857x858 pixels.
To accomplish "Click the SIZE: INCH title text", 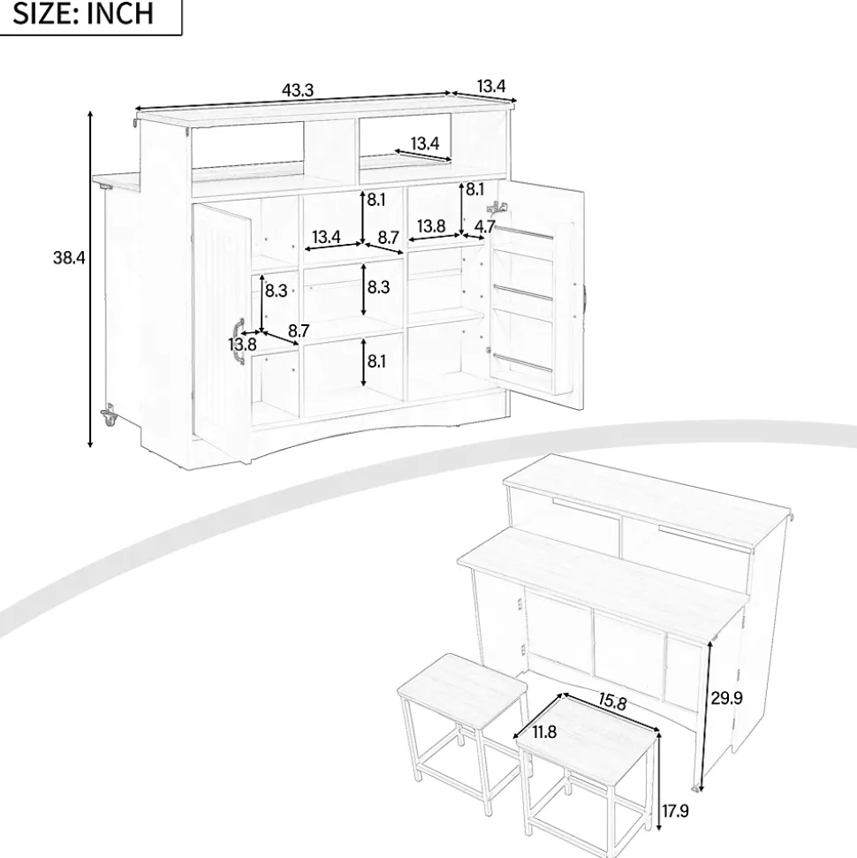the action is pos(83,13).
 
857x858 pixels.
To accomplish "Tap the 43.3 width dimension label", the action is pos(298,90).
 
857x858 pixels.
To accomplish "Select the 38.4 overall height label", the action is pos(69,257).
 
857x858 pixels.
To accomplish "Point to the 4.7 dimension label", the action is pos(485,226).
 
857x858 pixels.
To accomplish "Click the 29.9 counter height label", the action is pos(727,698).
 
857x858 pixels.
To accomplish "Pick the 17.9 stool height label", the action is pos(675,810).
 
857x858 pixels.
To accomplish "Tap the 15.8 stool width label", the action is pos(612,701).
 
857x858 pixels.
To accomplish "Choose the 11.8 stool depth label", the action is pos(544,732).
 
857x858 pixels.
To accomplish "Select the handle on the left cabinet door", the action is pos(238,340).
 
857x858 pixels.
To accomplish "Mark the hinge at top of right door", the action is pos(497,208).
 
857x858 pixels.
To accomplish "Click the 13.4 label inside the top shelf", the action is pos(425,143).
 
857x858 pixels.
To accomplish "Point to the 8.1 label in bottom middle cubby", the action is pos(376,361).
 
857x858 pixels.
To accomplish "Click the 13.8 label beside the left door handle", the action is pos(242,345).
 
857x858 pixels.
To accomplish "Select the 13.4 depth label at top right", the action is pos(491,87).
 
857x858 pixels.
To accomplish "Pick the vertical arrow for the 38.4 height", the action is pos(90,278).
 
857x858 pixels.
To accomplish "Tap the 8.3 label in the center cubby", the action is pos(378,286).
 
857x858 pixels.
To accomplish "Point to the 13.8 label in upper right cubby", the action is pos(431,226).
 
